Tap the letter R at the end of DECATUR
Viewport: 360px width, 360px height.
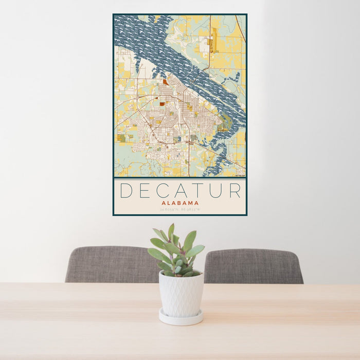(x=235, y=191)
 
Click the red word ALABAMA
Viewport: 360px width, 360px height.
(x=179, y=203)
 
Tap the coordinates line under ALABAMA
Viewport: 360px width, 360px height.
(x=179, y=209)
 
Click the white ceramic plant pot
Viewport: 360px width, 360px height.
(x=181, y=294)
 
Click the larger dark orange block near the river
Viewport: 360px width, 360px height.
(x=165, y=82)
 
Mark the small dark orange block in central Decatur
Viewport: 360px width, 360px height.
(x=162, y=104)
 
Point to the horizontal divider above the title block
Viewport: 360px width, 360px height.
(x=179, y=178)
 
